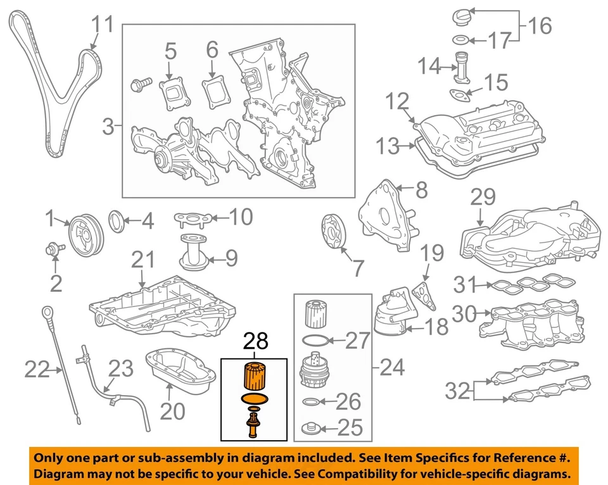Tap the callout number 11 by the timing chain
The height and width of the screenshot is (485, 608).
coord(103,25)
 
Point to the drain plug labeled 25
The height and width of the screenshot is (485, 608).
coord(311,428)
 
